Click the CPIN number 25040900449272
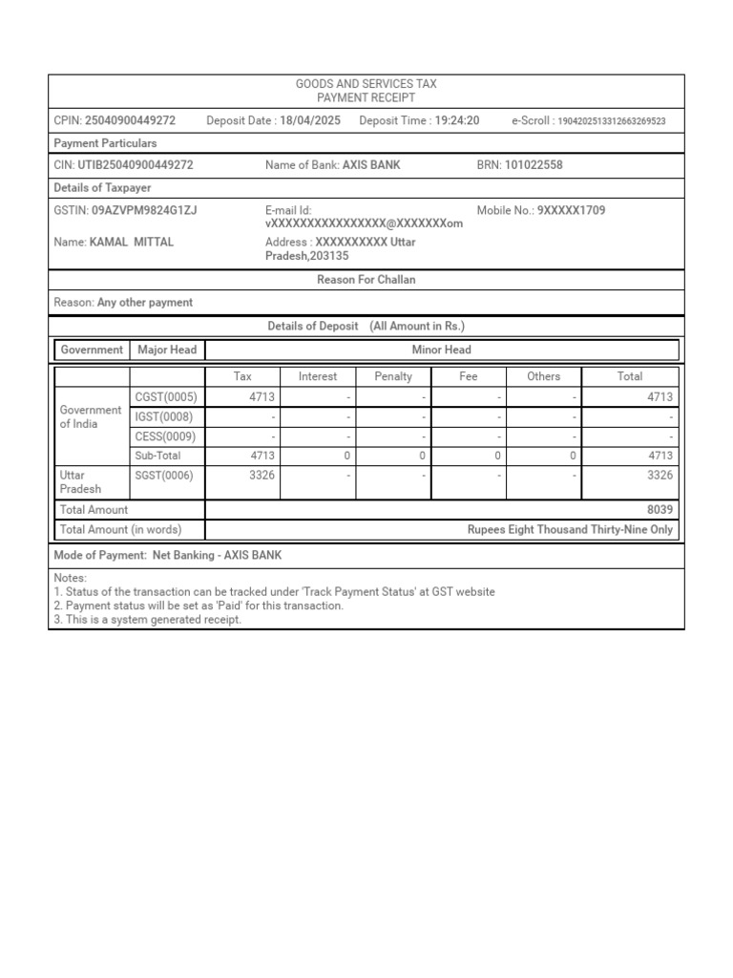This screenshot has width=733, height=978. click(130, 120)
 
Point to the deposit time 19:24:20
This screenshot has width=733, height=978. click(457, 120)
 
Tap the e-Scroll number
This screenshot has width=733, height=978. click(612, 121)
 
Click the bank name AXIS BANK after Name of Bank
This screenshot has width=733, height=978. click(371, 165)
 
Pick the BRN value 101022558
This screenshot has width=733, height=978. click(534, 165)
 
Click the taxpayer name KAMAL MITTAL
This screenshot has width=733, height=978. click(132, 243)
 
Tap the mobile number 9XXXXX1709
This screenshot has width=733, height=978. click(572, 210)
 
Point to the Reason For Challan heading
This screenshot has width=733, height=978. click(366, 280)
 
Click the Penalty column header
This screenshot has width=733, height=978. click(393, 376)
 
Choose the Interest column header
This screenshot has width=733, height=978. click(318, 376)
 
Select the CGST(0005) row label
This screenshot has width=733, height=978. click(166, 397)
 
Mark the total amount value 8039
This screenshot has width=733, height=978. click(660, 510)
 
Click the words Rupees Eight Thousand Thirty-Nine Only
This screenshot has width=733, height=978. click(570, 529)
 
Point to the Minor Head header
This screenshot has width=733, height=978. click(442, 350)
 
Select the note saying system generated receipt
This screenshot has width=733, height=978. click(148, 619)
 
